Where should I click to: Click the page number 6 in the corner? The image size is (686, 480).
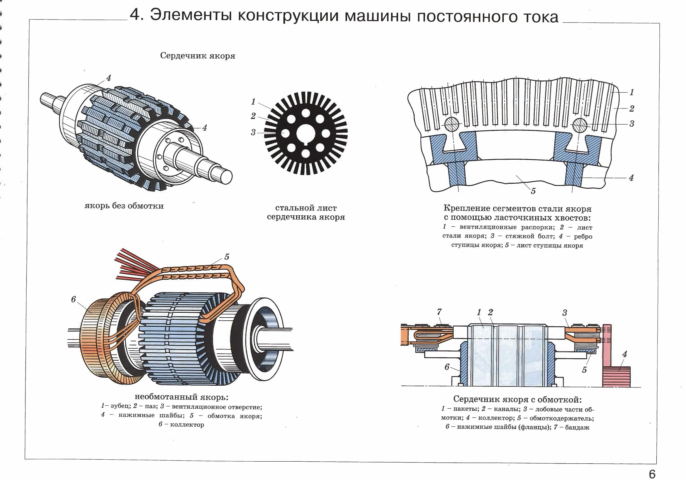click(652, 466)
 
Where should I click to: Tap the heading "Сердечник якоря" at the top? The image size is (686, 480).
click(197, 56)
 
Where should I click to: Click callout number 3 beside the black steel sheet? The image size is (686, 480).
click(253, 132)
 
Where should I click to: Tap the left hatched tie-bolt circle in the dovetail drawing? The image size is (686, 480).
click(452, 124)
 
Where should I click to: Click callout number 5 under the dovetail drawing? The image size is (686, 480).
click(533, 191)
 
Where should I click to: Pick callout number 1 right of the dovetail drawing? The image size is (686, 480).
click(632, 92)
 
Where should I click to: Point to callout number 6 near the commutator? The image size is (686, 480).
click(73, 299)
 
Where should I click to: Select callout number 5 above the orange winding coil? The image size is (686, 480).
click(227, 257)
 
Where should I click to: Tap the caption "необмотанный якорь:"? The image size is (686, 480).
click(181, 397)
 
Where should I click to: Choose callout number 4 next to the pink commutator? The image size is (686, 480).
click(624, 355)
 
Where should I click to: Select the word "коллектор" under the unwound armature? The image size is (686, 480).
click(187, 425)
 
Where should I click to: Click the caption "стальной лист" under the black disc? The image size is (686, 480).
click(306, 208)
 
